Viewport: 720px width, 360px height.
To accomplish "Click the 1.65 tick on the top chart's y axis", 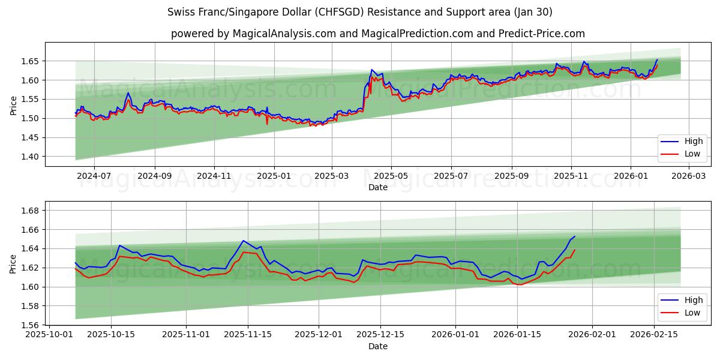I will tap(31, 61).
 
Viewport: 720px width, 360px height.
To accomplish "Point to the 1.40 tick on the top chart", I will tap(31, 157).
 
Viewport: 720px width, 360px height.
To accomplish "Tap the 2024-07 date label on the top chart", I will tap(94, 176).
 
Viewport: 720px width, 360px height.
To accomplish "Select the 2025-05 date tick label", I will tap(391, 176).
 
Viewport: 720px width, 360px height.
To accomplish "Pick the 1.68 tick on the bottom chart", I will tap(31, 211).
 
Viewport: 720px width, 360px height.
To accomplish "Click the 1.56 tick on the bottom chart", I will tap(31, 325).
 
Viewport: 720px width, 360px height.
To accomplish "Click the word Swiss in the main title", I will tap(181, 12).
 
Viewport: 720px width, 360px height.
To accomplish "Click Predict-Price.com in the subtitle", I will tap(544, 34).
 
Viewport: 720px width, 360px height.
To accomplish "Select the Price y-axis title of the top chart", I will tap(13, 106).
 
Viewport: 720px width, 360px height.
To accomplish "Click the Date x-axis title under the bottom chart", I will tap(378, 346).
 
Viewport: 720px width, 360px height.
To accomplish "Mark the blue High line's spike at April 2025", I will tap(371, 70).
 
